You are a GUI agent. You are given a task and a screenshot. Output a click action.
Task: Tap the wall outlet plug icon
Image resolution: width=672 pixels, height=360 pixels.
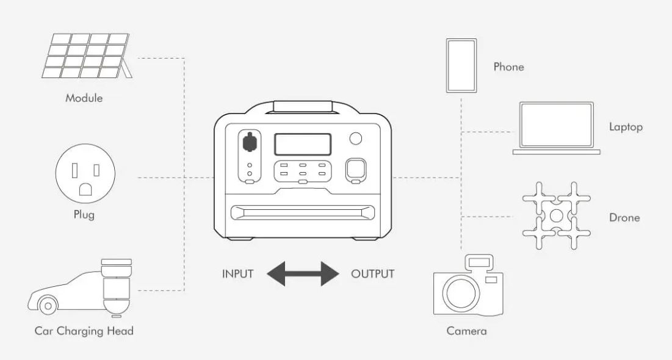[x=85, y=178]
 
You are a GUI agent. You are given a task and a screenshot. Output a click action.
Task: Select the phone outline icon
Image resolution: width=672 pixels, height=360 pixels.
[x=461, y=66]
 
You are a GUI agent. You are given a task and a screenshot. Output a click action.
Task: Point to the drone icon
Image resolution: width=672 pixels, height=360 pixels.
[x=556, y=215]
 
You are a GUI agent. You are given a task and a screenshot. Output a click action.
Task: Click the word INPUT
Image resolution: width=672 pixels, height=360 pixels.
[x=237, y=273]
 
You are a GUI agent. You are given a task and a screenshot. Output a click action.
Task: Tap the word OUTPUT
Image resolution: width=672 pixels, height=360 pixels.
[x=372, y=273]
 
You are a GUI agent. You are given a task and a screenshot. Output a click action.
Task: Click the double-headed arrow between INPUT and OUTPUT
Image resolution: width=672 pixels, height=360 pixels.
[x=303, y=273]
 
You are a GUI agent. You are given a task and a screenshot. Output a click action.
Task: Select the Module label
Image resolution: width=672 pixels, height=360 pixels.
[x=84, y=98]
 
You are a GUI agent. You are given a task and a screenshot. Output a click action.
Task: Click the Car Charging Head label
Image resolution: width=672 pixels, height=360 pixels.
[x=84, y=331]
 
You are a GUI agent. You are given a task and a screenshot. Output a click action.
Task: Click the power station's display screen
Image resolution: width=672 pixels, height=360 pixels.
[x=303, y=145]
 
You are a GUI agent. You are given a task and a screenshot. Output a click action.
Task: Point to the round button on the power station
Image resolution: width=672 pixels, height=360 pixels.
[x=355, y=139]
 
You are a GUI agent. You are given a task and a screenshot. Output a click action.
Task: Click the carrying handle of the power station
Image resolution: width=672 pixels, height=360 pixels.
[x=303, y=107]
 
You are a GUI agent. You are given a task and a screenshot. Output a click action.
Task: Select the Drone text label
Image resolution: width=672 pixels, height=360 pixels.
[x=624, y=217]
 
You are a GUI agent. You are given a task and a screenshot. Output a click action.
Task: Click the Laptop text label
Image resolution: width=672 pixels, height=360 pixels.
[x=626, y=127]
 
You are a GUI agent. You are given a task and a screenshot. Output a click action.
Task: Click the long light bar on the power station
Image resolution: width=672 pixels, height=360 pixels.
[x=303, y=213]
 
